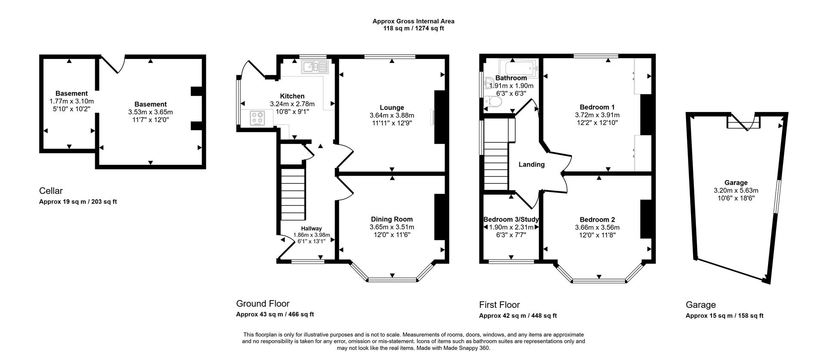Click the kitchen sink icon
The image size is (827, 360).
[x=315, y=67]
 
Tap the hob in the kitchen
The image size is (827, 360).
[x=258, y=118]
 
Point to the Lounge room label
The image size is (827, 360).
[x=392, y=108]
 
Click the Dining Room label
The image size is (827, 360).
[x=392, y=219]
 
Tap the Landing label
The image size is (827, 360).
[x=532, y=164]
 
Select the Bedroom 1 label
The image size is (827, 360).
[x=597, y=107]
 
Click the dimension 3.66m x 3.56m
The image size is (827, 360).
[x=597, y=227]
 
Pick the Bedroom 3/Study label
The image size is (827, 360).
[x=511, y=219]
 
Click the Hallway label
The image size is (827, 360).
[x=311, y=229]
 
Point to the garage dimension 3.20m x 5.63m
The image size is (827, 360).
[x=736, y=190]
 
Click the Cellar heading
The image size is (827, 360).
[x=51, y=191]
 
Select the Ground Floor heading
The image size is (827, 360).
[x=263, y=304]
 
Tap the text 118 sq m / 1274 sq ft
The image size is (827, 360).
[x=413, y=28]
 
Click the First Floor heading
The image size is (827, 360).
[x=500, y=305]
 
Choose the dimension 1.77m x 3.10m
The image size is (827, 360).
[x=72, y=101]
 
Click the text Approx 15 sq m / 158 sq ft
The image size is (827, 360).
[x=724, y=316]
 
